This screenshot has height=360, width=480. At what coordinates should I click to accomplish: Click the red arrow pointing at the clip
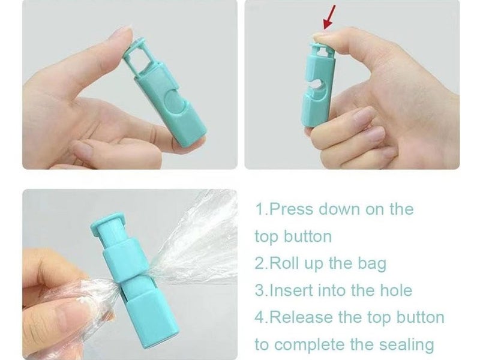329,17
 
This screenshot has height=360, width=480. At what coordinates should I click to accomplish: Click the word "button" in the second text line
307,236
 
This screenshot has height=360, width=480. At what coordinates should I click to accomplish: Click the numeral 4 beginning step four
259,317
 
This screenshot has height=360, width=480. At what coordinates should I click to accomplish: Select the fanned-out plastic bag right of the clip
196,245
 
